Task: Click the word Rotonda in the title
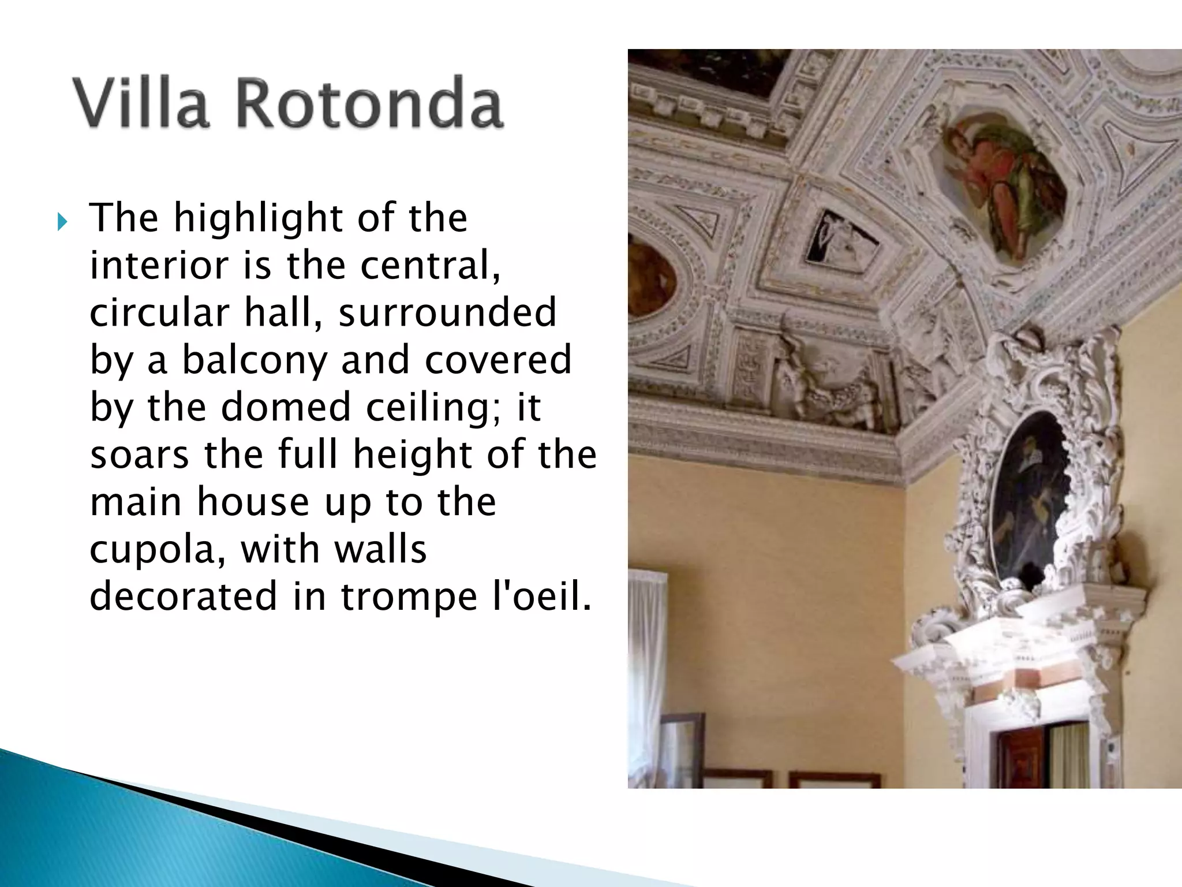click(x=369, y=104)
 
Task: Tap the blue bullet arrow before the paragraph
click(x=62, y=221)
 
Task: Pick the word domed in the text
click(x=286, y=407)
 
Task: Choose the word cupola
click(x=158, y=549)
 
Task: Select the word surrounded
click(x=447, y=312)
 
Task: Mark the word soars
click(x=139, y=454)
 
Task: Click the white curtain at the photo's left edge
click(x=647, y=664)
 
